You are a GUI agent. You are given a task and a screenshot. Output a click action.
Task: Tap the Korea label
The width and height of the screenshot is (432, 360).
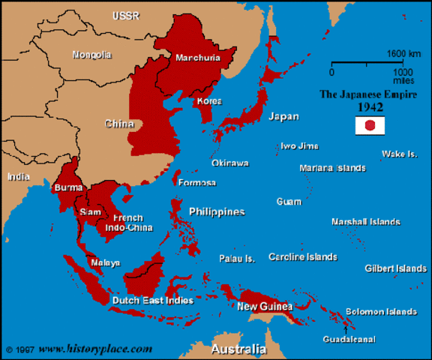pyautogui.click(x=208, y=100)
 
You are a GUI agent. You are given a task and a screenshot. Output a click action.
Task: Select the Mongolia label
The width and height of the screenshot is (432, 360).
pyautogui.click(x=91, y=55)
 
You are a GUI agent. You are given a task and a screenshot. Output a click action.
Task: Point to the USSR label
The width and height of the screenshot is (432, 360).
pyautogui.click(x=125, y=16)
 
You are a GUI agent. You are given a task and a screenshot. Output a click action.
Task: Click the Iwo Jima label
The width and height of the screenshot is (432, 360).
pyautogui.click(x=298, y=145)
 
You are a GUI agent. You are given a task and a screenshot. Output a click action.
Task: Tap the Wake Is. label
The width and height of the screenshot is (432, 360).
pyautogui.click(x=399, y=154)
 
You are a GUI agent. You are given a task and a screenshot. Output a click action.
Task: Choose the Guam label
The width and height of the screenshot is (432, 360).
pyautogui.click(x=289, y=202)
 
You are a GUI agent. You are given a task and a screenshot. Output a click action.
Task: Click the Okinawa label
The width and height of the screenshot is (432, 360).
pyautogui.click(x=229, y=163)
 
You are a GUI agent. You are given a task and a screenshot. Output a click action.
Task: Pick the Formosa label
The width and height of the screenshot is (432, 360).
pyautogui.click(x=198, y=183)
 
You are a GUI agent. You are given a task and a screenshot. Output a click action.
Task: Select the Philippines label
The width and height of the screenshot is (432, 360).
pyautogui.click(x=217, y=212)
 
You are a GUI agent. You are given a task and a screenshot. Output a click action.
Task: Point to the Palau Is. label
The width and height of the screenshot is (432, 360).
pyautogui.click(x=237, y=259)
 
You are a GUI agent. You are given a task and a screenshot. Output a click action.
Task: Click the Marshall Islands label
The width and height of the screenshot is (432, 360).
pyautogui.click(x=365, y=222)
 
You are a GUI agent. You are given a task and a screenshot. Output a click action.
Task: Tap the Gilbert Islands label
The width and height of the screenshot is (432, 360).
pyautogui.click(x=395, y=268)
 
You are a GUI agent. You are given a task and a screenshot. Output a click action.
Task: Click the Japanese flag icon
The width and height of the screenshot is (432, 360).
pyautogui.click(x=370, y=126)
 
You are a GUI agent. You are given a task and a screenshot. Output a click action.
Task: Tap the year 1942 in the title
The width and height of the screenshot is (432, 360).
pyautogui.click(x=370, y=107)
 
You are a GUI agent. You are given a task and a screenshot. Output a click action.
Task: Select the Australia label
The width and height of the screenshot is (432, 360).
pyautogui.click(x=238, y=350)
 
